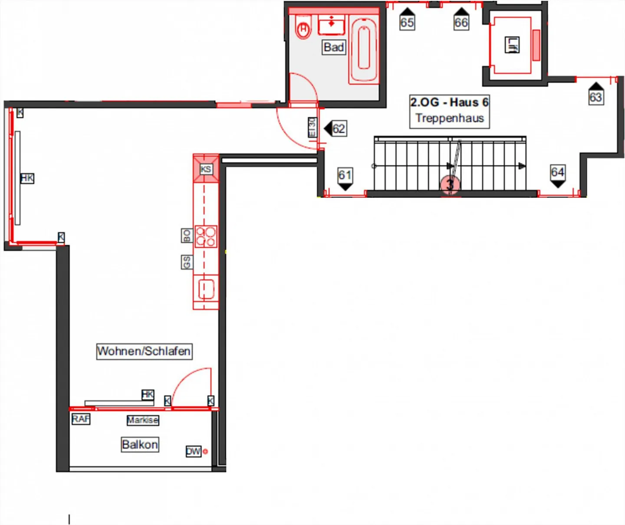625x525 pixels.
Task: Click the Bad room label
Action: tap(334, 47)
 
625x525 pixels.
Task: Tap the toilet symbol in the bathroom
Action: tap(303, 29)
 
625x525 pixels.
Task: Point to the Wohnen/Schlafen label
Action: tap(144, 351)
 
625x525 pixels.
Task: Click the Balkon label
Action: tap(140, 444)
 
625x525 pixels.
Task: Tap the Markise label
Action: tap(142, 420)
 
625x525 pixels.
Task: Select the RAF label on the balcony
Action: tap(81, 419)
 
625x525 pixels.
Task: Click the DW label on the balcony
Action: tap(193, 451)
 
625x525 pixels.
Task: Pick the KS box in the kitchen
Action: tap(206, 169)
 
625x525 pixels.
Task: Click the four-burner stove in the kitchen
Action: tap(206, 237)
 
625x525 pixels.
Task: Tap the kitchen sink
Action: tap(206, 289)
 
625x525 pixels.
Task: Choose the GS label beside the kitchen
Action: tap(187, 262)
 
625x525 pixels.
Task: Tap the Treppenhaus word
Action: tap(449, 118)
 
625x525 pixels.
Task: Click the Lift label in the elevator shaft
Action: tap(512, 45)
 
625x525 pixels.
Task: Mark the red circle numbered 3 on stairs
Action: tap(450, 185)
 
